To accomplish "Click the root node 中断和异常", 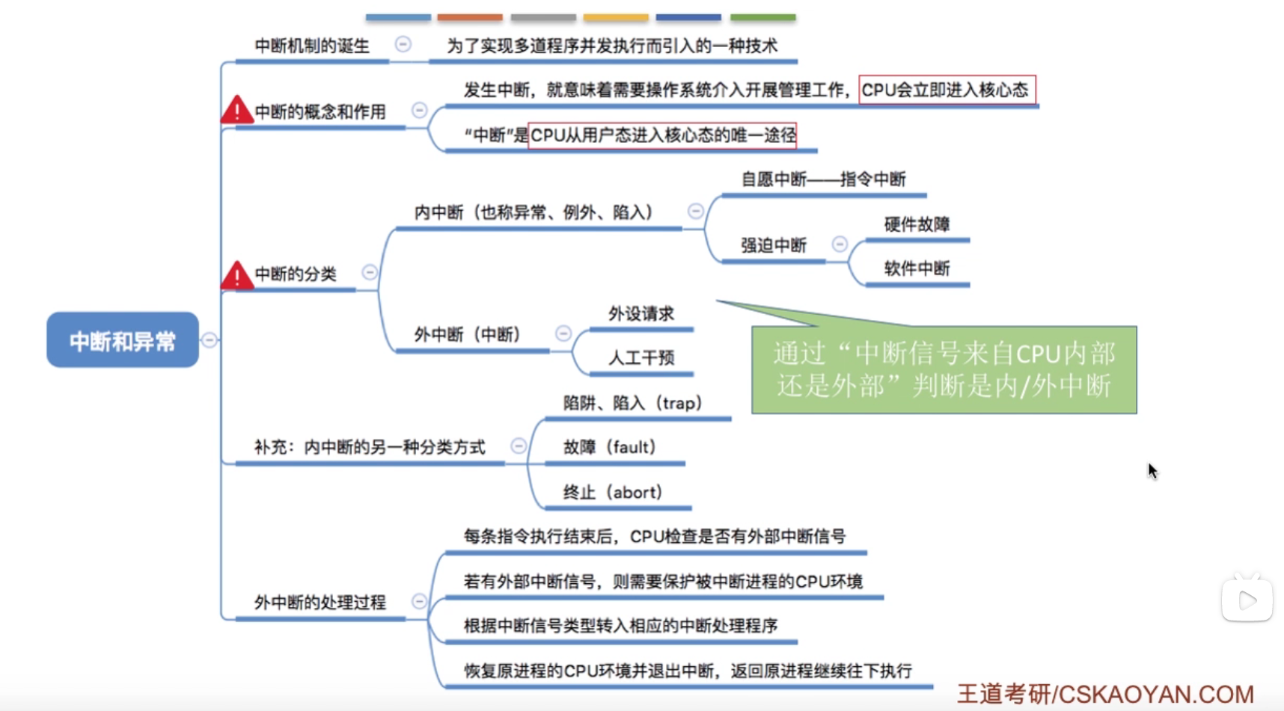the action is click(123, 340).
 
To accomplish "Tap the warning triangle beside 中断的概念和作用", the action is click(236, 111).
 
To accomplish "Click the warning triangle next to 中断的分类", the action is click(236, 275).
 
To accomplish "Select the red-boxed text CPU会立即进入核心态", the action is click(947, 90).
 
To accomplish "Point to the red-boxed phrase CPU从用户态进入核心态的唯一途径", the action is click(662, 135).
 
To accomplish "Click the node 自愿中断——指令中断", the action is click(823, 179).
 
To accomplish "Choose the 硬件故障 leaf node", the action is click(917, 224).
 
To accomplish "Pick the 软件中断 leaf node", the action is click(917, 268).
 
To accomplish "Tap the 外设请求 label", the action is click(641, 313).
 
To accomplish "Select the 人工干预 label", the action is click(641, 357).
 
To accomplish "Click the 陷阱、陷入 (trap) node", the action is click(633, 403).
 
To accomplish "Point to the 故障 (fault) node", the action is click(610, 447).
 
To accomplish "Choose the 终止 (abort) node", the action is click(613, 492).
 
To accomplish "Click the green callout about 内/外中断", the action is click(944, 369).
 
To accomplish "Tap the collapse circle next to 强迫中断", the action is click(840, 244).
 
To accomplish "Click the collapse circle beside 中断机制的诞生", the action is click(403, 45).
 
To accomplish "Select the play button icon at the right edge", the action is click(1247, 600).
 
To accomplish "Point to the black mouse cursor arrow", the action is click(1152, 470).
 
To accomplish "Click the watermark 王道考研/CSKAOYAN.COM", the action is click(1105, 694).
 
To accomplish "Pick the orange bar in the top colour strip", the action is click(470, 16).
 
